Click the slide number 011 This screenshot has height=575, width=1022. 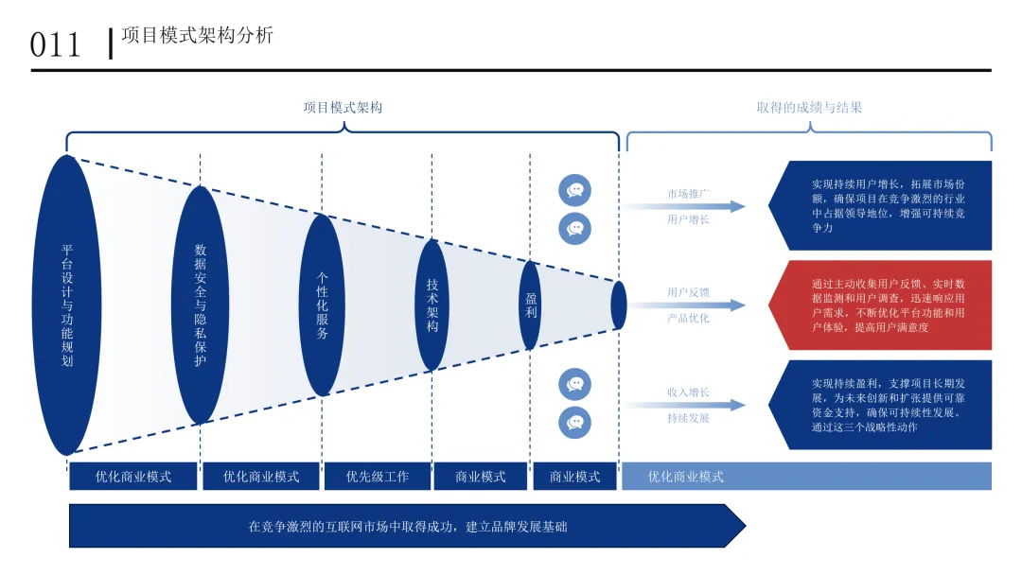[55, 45]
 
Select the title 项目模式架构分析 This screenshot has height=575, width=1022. [198, 35]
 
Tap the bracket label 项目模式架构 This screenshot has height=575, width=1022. [343, 108]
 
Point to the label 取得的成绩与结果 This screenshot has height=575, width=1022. [809, 108]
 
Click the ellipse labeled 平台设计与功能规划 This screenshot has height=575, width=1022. [66, 305]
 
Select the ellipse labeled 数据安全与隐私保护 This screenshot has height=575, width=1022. [200, 305]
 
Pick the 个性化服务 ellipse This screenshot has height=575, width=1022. [322, 305]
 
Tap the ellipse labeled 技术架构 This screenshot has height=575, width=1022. [432, 305]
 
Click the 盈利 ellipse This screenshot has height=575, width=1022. [531, 305]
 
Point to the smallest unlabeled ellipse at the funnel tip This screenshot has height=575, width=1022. [619, 305]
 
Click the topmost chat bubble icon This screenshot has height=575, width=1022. [575, 190]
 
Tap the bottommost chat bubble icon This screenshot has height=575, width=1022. [575, 423]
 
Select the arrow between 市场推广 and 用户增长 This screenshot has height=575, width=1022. [683, 206]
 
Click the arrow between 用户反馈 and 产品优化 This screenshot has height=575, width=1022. [683, 305]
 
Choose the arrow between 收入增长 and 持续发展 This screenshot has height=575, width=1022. [683, 405]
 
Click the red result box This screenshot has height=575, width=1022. [880, 305]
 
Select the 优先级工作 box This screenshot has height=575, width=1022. [378, 476]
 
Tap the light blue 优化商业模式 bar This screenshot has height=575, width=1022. [806, 476]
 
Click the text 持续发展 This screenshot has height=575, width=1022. [688, 418]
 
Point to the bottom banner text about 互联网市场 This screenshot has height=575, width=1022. [408, 526]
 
